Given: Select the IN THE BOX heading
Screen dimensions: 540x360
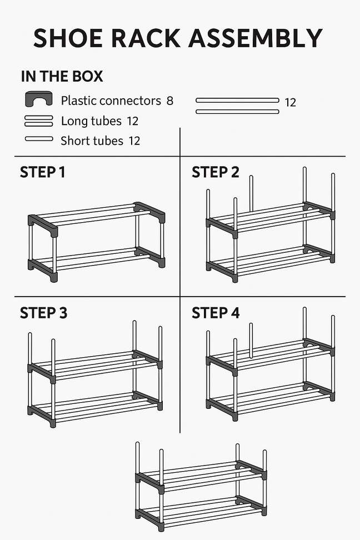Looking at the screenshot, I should click(x=62, y=77).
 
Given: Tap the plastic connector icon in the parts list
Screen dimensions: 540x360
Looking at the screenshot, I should click(x=38, y=99).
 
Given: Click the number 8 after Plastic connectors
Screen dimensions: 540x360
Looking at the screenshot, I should click(x=169, y=101).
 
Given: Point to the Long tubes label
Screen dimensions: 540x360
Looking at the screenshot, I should click(x=91, y=121).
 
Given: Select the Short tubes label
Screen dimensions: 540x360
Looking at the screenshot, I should click(x=92, y=141).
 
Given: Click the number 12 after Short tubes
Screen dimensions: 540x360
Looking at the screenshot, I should click(x=134, y=141).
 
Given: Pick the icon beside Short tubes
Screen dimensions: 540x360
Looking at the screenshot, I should click(x=39, y=139).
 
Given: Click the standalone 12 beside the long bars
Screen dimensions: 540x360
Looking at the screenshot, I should click(x=290, y=103).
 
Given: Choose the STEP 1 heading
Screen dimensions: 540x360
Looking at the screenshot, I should click(x=42, y=172).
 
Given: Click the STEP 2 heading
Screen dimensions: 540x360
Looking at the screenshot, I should click(x=215, y=172).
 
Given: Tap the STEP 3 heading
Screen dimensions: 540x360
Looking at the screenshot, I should click(x=43, y=313).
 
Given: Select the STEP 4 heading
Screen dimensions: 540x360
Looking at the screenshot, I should click(x=216, y=313).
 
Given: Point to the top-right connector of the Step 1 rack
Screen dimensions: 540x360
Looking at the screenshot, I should click(x=151, y=211).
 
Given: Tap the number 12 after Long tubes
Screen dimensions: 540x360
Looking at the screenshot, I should click(x=132, y=121).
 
